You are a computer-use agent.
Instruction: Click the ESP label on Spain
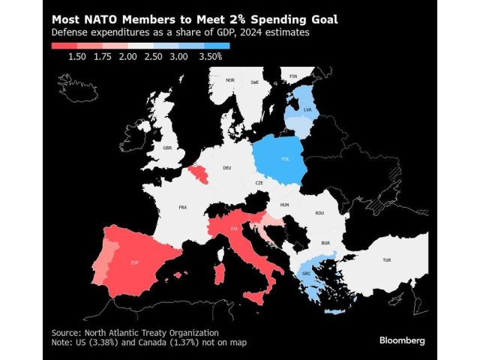click(x=134, y=262)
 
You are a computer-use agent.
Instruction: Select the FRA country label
click(x=182, y=207)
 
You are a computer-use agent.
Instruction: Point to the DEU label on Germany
click(x=226, y=168)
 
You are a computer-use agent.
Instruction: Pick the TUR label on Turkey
click(x=386, y=260)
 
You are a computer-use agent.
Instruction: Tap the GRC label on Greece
click(x=307, y=273)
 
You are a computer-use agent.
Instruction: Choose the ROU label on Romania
click(x=320, y=213)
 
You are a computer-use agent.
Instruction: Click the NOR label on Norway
click(x=230, y=80)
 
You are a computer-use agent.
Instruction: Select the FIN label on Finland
click(x=293, y=76)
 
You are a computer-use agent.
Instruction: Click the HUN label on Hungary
click(x=283, y=204)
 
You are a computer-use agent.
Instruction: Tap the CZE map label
click(x=259, y=182)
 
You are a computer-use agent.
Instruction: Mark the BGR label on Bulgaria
click(x=325, y=243)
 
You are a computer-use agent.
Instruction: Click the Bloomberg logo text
click(x=401, y=340)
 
